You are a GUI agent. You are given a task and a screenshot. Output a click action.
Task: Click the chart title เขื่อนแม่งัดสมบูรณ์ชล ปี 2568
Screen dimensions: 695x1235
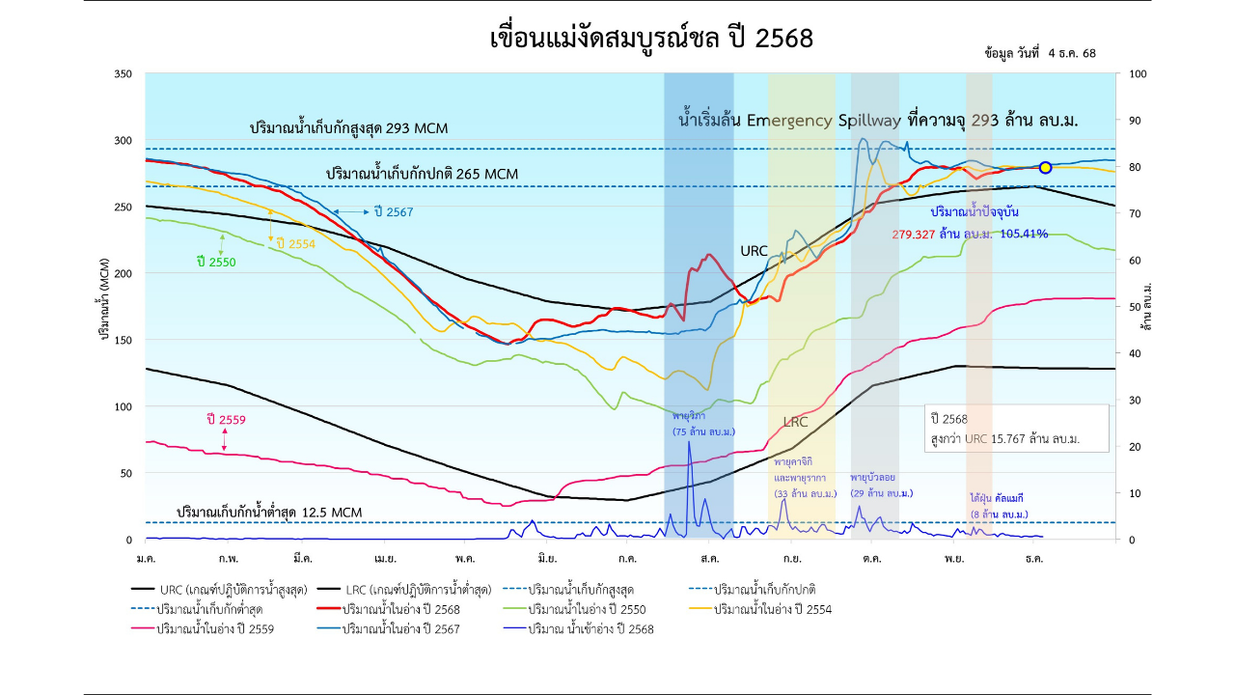(651, 39)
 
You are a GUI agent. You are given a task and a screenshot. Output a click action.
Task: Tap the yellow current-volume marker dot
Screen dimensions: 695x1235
(1045, 168)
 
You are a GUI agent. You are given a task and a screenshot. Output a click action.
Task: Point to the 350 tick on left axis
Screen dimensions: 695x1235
(123, 74)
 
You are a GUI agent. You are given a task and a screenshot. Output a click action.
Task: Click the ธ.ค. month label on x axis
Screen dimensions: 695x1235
(1034, 559)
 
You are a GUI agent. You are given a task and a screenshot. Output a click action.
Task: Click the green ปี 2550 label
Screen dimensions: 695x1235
(215, 262)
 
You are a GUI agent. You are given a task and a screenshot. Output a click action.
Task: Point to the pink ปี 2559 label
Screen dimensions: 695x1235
(226, 420)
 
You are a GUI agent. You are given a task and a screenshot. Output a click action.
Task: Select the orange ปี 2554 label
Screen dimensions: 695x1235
(295, 244)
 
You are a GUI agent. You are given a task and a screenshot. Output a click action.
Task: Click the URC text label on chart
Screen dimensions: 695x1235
(754, 251)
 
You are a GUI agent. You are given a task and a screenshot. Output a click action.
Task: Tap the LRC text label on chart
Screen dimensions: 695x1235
(796, 423)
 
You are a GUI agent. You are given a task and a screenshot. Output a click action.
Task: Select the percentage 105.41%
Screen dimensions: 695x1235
(1024, 234)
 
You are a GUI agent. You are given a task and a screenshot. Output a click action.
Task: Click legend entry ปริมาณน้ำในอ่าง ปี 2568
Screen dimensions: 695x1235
(400, 609)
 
